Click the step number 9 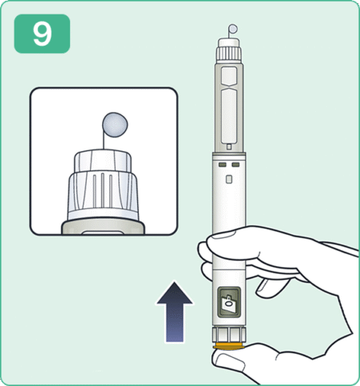tap(42, 34)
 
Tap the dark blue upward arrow tap(174, 312)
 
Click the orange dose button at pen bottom tap(229, 346)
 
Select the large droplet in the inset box tap(115, 125)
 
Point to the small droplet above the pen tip tap(233, 28)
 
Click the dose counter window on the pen tap(229, 302)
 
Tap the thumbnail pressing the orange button tap(230, 362)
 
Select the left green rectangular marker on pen tap(223, 165)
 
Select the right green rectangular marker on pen tap(235, 165)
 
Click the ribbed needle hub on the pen tap(229, 53)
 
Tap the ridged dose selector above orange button tap(229, 335)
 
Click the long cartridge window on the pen tap(229, 117)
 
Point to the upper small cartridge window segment tap(229, 76)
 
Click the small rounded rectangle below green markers tap(229, 179)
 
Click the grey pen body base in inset tap(103, 227)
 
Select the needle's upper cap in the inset tap(103, 161)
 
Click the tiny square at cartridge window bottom tap(229, 147)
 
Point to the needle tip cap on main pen tap(228, 43)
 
